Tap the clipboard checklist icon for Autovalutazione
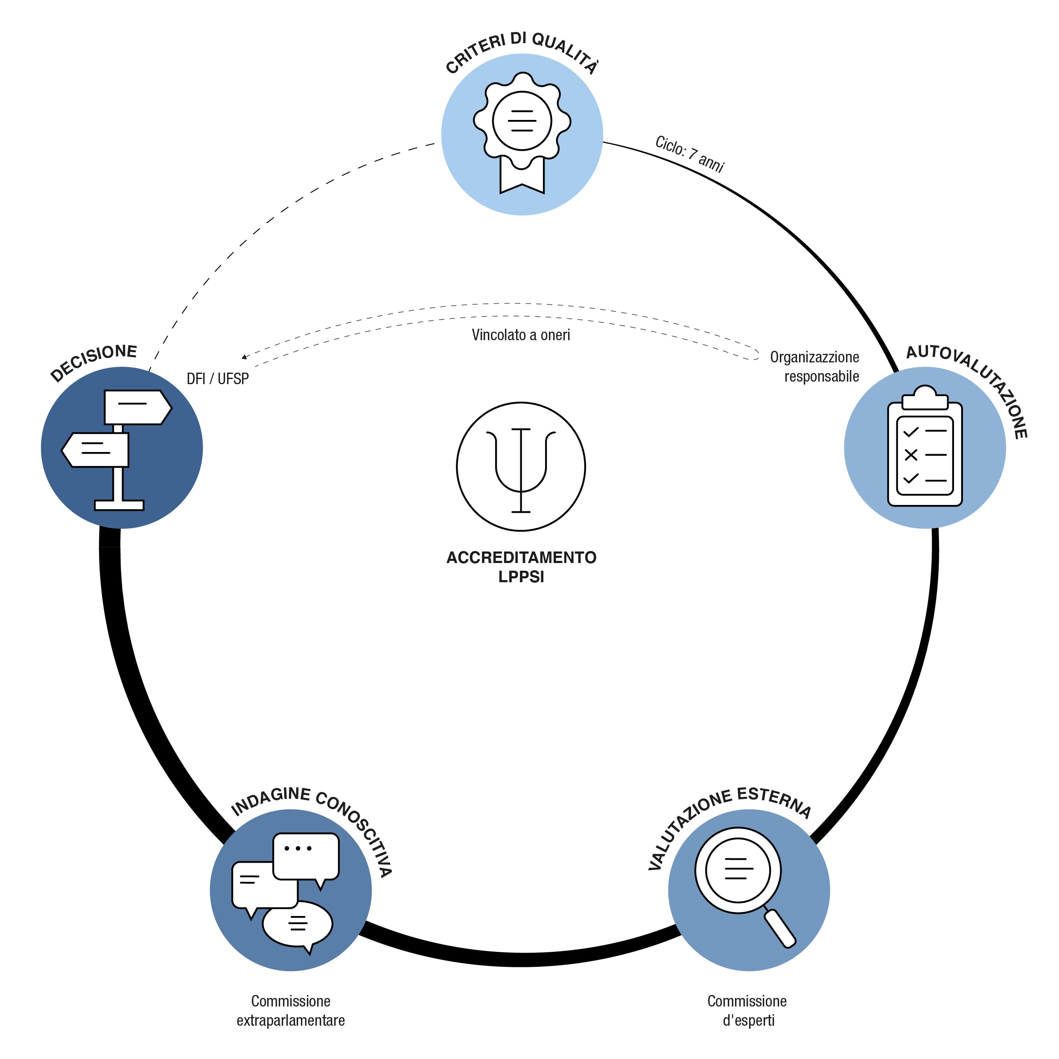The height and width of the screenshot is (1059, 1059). [x=925, y=447]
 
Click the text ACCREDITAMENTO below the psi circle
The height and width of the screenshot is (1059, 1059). [x=521, y=557]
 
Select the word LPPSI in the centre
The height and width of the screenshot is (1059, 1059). [x=521, y=577]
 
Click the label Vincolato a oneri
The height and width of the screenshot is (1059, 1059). [x=521, y=335]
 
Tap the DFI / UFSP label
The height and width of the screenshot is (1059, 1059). [x=218, y=379]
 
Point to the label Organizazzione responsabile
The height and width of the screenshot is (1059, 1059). [x=815, y=367]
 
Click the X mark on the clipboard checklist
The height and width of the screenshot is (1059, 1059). [x=910, y=455]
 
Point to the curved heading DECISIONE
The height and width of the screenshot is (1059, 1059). [x=93, y=362]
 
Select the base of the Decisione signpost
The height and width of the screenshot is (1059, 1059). [x=119, y=505]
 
